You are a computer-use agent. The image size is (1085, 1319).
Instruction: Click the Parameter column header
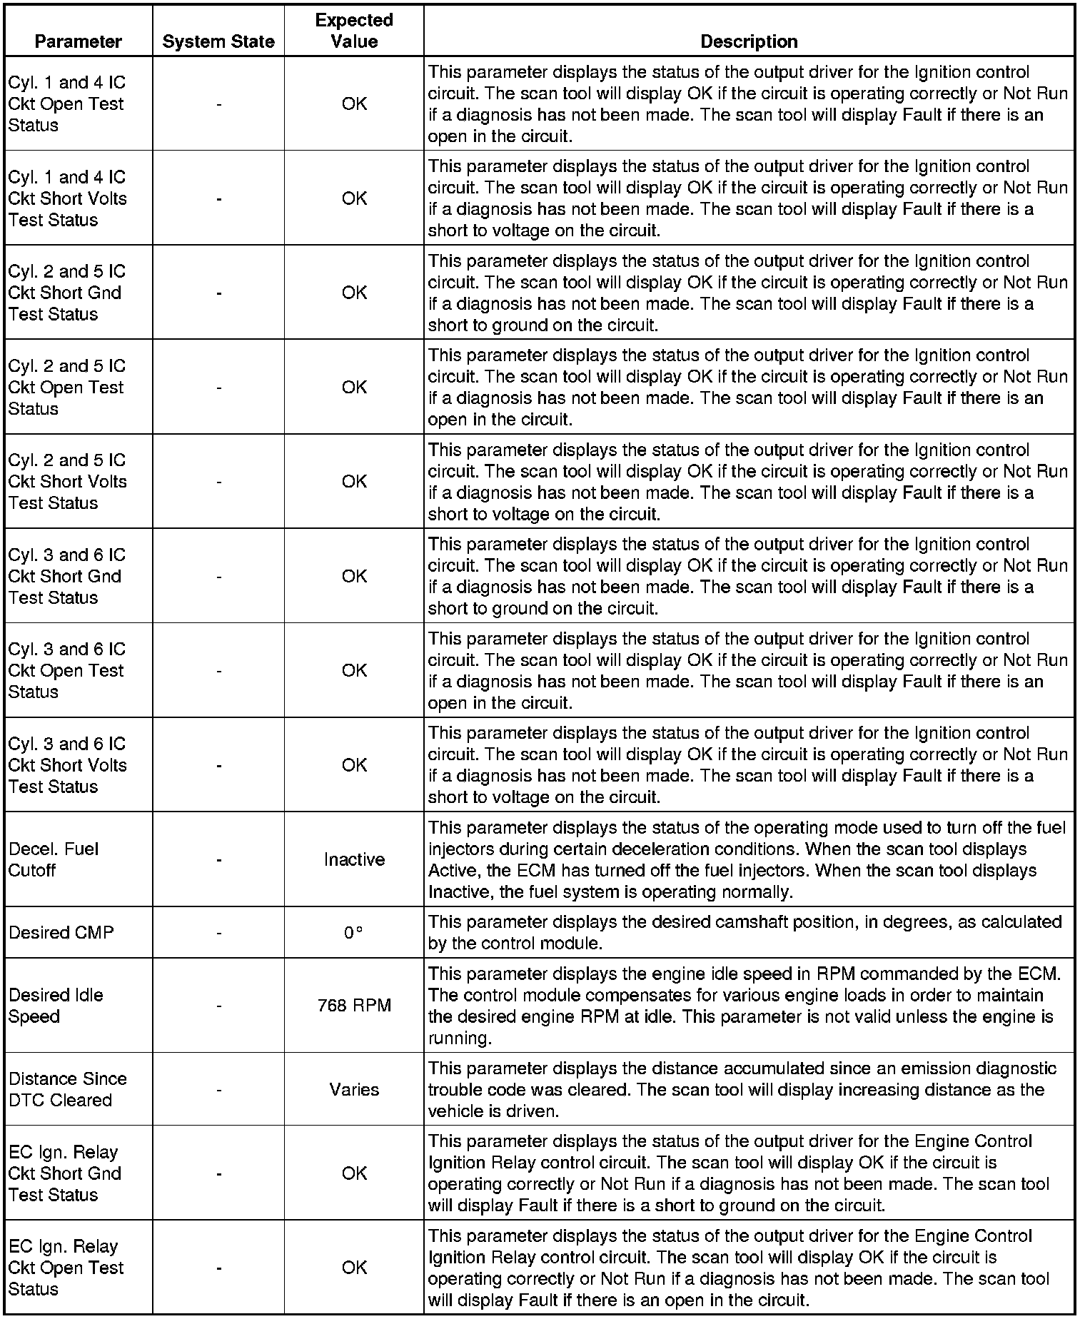coord(78,41)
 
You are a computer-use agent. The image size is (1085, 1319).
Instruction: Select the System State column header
coord(218,41)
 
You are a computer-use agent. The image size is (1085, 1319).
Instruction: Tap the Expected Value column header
coord(354,31)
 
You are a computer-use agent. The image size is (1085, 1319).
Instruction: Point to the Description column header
coord(749,41)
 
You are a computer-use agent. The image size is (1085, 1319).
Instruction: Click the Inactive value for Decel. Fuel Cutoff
coord(354,859)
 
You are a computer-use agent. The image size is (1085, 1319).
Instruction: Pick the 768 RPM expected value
coord(354,1006)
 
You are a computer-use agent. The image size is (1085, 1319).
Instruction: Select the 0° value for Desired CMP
coord(353,933)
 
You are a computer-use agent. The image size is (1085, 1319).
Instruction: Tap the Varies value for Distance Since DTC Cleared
coord(354,1089)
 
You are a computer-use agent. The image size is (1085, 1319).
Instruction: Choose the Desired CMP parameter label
coord(61,933)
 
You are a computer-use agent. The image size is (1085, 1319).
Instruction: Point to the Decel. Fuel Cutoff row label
coord(54,859)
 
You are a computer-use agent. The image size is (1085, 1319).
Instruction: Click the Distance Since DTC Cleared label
coord(67,1089)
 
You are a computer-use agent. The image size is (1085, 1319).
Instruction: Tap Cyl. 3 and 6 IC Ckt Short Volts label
coord(67,765)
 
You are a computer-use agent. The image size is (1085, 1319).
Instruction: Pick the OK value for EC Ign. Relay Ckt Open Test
coord(354,1268)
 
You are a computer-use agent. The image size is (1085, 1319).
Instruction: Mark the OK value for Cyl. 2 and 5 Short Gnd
coord(354,293)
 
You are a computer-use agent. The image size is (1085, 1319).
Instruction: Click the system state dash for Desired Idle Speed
coord(218,1006)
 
